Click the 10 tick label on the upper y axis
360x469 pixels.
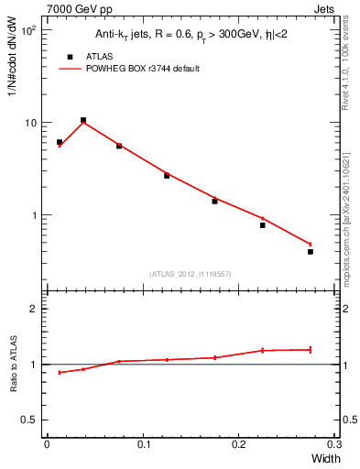coord(29,123)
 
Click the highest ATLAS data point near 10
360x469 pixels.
coord(83,120)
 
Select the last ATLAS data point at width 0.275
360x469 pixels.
coord(311,251)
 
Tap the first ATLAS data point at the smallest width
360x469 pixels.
coord(60,142)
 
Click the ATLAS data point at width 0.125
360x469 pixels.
coord(167,175)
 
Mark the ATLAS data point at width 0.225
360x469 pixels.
coord(262,225)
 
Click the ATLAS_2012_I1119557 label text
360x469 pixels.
coord(189,274)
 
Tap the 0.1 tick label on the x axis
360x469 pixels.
coord(143,443)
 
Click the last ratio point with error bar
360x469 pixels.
coord(311,349)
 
